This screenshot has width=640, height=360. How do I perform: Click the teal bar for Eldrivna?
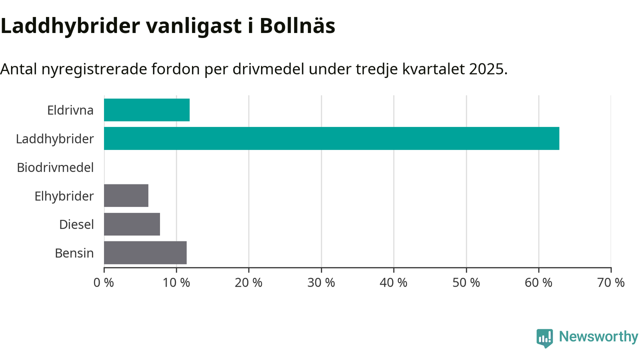coord(146,110)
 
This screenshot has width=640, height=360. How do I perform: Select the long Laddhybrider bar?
coord(331,138)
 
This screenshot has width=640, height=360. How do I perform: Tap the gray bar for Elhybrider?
coord(126,195)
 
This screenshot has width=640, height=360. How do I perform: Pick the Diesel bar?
coord(132,224)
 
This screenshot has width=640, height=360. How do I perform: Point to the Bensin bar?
coord(145,252)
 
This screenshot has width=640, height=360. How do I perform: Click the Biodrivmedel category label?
coord(55,167)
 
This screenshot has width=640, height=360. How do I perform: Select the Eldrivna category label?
coord(70,110)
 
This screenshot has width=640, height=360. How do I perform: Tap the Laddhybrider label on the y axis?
coord(54,138)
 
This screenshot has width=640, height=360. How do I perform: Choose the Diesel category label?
coord(76,224)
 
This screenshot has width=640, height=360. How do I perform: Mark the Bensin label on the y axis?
coord(74,253)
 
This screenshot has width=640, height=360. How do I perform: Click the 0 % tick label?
coord(104,282)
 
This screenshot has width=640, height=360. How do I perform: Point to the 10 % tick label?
coord(176,282)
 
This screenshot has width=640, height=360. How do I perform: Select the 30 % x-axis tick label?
coord(321,282)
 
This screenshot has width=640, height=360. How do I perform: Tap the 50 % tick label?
coord(466,282)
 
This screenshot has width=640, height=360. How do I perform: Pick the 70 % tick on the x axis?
coord(611,282)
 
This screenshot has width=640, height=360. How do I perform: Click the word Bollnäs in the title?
coord(297,26)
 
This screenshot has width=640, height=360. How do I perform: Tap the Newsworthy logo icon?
coord(544,338)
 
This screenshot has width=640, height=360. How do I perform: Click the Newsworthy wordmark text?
coord(598,337)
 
